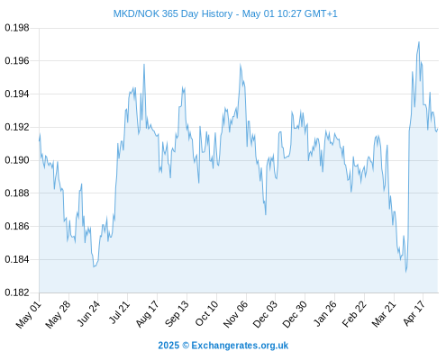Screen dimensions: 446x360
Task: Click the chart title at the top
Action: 225,13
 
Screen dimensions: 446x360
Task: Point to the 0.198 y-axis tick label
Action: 17,28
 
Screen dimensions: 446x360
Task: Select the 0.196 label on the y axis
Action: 17,61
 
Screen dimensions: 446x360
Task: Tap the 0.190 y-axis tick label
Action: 17,160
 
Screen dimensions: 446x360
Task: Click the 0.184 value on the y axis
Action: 17,259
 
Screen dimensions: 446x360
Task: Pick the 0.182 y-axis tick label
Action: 17,292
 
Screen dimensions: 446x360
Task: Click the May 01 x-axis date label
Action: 29,314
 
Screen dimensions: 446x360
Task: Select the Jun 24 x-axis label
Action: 88,313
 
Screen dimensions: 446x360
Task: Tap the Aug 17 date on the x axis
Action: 147,314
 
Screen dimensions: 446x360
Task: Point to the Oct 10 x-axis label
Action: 206,313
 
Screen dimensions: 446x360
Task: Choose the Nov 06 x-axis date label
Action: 236,314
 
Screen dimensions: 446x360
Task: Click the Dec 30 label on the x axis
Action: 295,314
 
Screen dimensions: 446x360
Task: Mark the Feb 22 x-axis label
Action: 354,314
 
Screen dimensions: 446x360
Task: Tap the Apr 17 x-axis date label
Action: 414,313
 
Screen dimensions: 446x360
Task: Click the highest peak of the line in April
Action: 419,42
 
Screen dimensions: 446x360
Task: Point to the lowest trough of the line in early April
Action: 406,272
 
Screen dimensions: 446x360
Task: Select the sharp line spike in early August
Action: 144,64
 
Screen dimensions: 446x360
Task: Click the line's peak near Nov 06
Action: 241,64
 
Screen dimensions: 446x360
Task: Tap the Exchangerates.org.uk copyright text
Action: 223,346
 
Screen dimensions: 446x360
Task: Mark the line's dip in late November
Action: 266,214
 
